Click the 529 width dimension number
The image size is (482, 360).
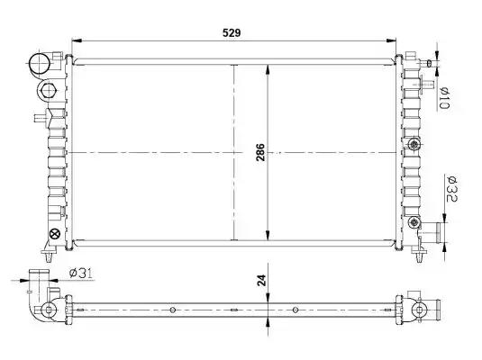[232, 32]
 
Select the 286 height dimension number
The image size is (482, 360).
[260, 152]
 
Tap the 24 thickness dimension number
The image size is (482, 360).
[261, 280]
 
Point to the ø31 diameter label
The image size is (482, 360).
[81, 273]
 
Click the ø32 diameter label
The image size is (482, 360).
[451, 189]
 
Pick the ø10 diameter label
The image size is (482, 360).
[444, 98]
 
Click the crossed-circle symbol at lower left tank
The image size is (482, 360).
[55, 234]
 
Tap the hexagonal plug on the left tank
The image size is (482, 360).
[49, 90]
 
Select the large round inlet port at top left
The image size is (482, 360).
[39, 64]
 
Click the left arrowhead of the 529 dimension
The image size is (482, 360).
[77, 40]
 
